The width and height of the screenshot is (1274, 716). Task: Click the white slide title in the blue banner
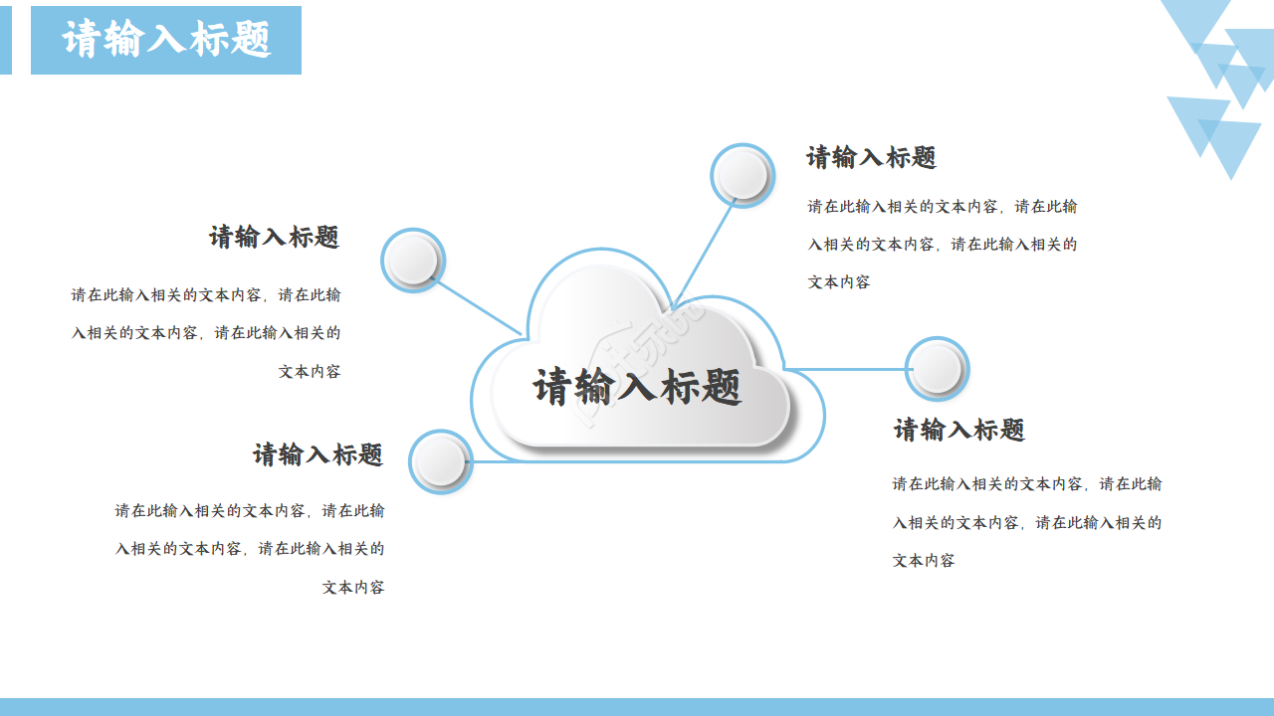tap(166, 40)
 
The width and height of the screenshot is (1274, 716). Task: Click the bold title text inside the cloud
tap(637, 386)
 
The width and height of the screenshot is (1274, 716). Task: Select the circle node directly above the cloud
tap(743, 176)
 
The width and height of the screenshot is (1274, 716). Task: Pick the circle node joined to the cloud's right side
tap(937, 369)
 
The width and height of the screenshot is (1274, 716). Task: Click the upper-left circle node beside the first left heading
tap(413, 261)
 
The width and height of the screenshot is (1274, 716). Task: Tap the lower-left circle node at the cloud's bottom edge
tap(441, 461)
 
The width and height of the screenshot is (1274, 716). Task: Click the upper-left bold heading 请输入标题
tap(275, 237)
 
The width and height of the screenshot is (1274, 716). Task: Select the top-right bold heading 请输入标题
tap(872, 157)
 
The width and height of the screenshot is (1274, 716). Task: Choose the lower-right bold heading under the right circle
tap(959, 430)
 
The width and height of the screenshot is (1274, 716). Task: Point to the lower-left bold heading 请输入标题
tap(318, 454)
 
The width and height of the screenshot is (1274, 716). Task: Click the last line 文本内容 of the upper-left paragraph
tap(310, 371)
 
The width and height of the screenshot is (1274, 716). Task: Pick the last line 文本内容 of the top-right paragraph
tap(839, 282)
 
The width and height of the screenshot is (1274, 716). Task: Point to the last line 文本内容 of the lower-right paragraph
tap(924, 561)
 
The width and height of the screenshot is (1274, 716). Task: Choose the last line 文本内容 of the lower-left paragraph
tap(353, 588)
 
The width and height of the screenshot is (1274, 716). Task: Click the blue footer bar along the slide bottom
tap(637, 707)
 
